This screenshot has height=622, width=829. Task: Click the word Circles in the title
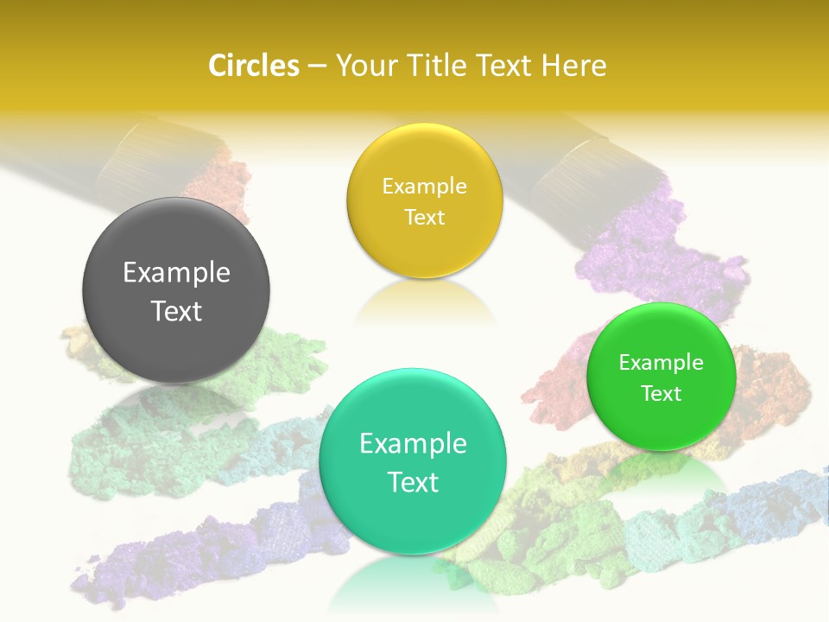tap(253, 66)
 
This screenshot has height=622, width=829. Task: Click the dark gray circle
tap(176, 290)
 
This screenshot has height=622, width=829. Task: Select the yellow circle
tap(424, 201)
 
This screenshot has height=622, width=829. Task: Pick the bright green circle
tap(661, 377)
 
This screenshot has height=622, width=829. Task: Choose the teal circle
tap(413, 461)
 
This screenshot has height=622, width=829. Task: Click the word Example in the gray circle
tap(176, 273)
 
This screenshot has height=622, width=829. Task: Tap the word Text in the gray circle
tap(176, 311)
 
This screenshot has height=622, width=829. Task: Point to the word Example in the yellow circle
tap(424, 187)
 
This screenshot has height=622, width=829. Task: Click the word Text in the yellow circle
tap(424, 218)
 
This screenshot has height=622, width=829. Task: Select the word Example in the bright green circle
tap(661, 363)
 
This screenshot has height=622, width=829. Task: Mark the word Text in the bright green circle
tap(661, 394)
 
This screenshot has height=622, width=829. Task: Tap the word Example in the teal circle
tap(413, 444)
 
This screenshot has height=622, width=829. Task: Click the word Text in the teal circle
tap(413, 482)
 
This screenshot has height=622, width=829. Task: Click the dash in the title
tap(316, 66)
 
